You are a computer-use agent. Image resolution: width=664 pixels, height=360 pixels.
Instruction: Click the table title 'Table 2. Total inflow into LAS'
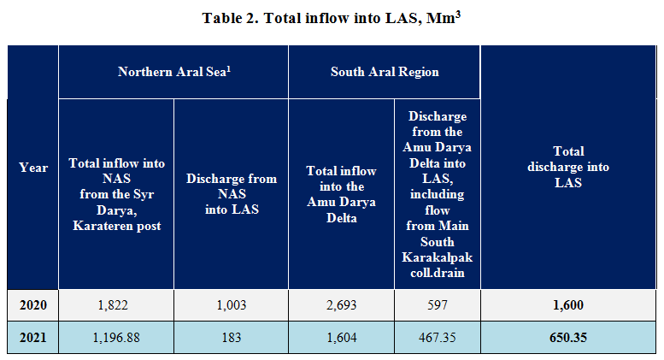pos(332,18)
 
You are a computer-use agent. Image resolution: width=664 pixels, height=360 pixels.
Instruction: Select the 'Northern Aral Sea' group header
pos(174,72)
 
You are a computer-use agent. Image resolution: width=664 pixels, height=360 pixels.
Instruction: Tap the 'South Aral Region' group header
pos(385,72)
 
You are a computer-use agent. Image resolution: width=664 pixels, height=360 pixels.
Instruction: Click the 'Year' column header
pos(33,168)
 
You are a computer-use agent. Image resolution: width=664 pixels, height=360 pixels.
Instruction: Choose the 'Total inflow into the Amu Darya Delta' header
pos(341,194)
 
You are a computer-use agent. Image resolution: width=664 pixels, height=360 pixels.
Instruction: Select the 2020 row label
pos(33,304)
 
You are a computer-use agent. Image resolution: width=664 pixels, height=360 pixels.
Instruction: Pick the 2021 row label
pos(33,337)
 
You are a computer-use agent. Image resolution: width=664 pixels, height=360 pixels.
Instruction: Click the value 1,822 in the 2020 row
pos(116,304)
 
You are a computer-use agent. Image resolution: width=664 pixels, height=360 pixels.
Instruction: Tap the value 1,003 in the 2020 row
pos(232,304)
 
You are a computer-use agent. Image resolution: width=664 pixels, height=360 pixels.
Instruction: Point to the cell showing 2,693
pos(341,304)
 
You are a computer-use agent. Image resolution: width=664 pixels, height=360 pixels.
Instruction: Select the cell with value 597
pos(437,304)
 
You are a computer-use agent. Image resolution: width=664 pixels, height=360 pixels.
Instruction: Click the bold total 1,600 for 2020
pos(568,304)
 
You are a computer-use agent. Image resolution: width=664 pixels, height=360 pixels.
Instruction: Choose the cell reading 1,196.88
pos(116,337)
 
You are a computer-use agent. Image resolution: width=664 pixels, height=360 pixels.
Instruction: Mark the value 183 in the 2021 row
pos(232,337)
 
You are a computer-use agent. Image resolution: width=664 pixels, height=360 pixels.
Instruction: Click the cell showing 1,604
pos(341,337)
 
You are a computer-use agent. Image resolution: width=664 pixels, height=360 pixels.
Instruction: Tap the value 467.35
pos(437,337)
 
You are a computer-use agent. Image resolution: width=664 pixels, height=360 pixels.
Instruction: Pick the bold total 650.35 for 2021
pos(568,337)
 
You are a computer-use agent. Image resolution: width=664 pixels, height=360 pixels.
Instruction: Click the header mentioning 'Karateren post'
pos(116,194)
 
